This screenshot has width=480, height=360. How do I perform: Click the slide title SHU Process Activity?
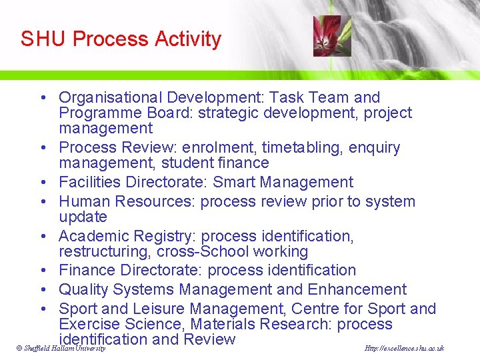pos(121,39)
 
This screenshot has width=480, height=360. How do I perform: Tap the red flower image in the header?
pos(327,36)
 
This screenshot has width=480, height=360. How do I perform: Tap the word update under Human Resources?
pos(83,217)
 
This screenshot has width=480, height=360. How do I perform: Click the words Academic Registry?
pos(127,236)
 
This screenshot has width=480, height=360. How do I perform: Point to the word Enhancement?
pos(357,289)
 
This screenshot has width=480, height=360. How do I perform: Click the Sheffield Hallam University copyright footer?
pos(61,349)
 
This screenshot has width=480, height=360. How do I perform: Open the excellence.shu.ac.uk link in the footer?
pos(404,349)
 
